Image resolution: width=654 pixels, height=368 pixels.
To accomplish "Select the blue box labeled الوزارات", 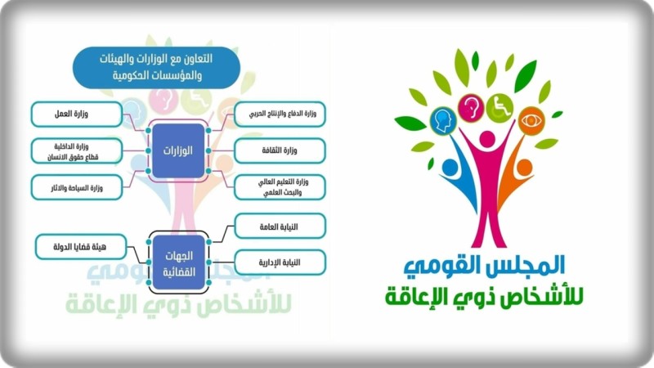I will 179,151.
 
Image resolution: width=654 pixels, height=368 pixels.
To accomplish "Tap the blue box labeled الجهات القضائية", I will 179,262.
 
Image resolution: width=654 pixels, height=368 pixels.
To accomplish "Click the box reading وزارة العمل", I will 77,114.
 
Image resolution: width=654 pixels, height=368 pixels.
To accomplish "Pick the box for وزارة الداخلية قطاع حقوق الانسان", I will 77,151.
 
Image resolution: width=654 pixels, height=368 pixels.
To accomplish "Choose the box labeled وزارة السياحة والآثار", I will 77,187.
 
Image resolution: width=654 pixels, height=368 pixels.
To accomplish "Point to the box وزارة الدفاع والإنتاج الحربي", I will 280,114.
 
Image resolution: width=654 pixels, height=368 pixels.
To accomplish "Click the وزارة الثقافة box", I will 280,151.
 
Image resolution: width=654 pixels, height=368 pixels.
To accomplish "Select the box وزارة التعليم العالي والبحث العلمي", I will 280,187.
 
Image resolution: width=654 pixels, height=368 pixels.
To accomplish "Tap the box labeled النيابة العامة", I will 280,225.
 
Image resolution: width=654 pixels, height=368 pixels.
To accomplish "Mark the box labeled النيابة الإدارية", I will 280,263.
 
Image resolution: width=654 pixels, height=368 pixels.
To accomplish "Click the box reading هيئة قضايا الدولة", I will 81,246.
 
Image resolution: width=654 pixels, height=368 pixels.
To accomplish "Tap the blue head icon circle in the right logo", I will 443,120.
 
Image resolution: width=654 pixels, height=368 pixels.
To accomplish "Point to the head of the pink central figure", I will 486,139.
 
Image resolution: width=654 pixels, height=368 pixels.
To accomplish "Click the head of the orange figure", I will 524,167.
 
